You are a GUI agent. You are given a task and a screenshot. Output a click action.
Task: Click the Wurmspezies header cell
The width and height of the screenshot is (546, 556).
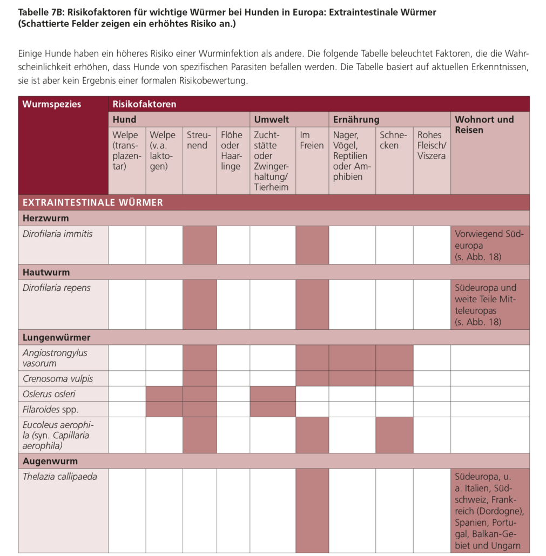[x=52, y=104]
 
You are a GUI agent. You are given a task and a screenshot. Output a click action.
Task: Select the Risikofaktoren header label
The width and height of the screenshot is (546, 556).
[x=144, y=104]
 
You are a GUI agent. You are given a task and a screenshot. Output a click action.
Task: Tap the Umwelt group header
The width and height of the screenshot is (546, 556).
[x=271, y=119]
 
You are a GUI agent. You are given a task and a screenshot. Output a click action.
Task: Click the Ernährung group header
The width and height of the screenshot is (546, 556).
[x=356, y=119]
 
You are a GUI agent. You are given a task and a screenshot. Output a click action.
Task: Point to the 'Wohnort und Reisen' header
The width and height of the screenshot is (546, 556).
[x=484, y=125]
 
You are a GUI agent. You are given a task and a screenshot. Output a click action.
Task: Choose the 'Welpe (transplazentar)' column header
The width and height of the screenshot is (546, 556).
[x=126, y=151]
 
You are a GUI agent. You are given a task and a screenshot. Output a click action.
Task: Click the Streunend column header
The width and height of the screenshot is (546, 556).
[x=199, y=140]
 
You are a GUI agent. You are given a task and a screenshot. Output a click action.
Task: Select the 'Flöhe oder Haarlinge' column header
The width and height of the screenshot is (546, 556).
[x=232, y=151]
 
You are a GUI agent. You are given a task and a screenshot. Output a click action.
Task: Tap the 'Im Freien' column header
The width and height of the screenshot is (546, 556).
[x=312, y=140]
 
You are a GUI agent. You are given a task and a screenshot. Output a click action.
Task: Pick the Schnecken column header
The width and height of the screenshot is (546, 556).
[x=394, y=140]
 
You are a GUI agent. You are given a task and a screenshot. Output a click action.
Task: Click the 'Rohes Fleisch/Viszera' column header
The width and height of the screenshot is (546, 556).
[x=432, y=145]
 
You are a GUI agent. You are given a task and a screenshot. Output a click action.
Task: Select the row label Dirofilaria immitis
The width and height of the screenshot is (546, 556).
[x=58, y=234]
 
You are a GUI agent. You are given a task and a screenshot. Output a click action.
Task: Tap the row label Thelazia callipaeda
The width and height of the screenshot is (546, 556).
[x=59, y=477]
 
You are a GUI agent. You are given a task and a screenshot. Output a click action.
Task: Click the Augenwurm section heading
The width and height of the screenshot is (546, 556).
[x=50, y=462]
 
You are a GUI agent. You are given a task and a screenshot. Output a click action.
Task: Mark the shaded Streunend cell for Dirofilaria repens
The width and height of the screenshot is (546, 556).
[x=199, y=304]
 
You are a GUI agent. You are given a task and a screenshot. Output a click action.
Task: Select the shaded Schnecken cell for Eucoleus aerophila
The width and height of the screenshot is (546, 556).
[x=394, y=435]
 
